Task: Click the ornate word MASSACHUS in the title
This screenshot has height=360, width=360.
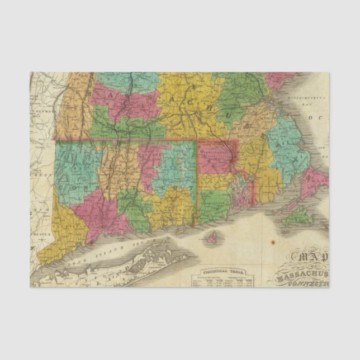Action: point(302,275)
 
